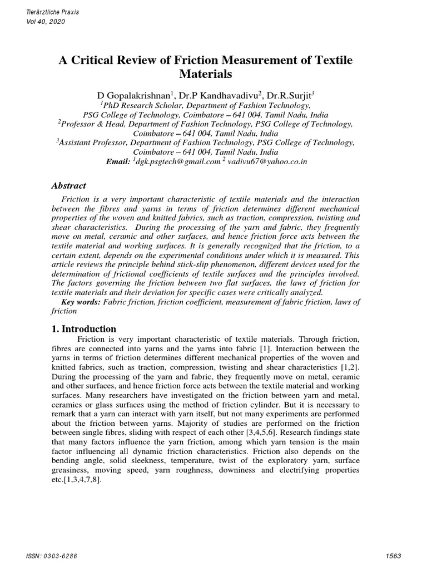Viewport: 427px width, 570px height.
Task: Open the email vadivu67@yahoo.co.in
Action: [266, 161]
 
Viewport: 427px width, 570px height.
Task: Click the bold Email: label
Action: [118, 161]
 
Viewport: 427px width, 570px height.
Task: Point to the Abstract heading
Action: [69, 186]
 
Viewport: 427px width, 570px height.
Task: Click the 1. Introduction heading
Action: [84, 328]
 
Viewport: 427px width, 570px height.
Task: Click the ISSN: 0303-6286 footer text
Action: [53, 556]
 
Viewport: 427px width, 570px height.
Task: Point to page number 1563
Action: [393, 556]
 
